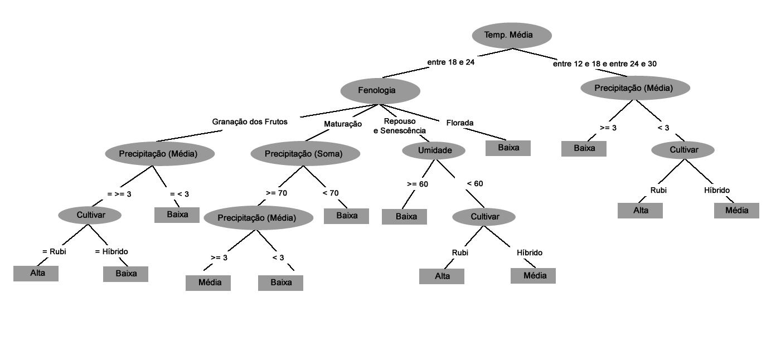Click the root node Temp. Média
(512, 36)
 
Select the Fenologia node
(380, 90)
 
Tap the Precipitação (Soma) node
(304, 153)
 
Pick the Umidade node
(434, 150)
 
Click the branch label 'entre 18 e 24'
(450, 62)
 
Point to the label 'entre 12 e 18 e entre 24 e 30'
(604, 64)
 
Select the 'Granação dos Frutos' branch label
(250, 121)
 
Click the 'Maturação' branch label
(343, 124)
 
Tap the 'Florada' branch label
(460, 123)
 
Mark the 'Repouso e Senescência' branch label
(400, 126)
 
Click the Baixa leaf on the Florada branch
(508, 148)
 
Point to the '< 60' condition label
(475, 183)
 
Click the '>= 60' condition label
(418, 184)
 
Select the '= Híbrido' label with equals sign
(111, 251)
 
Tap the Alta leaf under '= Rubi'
(36, 273)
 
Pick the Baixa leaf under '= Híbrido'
(126, 274)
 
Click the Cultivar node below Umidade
(484, 216)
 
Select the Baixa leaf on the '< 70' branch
(346, 216)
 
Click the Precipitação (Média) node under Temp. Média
(635, 88)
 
